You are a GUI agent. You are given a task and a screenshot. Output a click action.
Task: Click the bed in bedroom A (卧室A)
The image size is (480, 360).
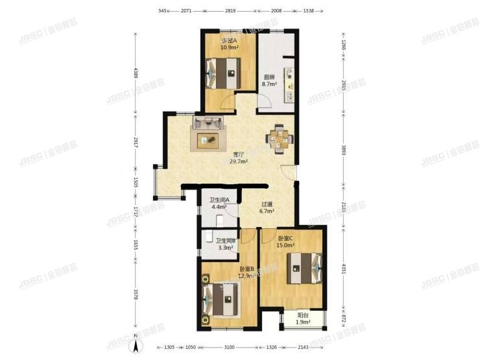coord(224,73)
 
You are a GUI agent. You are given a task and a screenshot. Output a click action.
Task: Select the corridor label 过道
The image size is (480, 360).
coord(267,203)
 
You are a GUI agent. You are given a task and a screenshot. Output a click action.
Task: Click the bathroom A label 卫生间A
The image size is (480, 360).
coord(219,199)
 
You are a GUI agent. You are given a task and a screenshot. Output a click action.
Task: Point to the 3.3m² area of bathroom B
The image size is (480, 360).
coord(224,247)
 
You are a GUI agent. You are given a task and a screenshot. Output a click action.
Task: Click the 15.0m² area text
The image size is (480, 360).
coord(286,245)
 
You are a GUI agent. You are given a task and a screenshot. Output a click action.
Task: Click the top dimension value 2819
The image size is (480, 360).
coord(231,11)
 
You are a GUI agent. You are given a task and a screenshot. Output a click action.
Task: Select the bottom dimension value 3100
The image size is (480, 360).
coord(230,348)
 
